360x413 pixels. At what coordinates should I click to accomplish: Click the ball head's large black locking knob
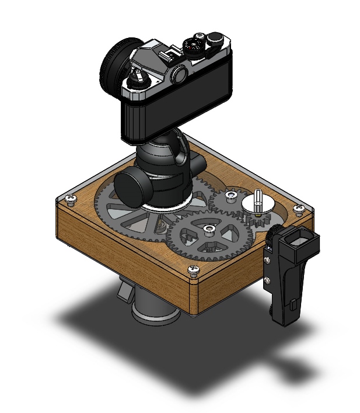[132, 185]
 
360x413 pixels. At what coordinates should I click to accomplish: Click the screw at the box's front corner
[193, 269]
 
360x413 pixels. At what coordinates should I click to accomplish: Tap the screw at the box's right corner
[299, 210]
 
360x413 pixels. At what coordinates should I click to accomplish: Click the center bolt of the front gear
[208, 228]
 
